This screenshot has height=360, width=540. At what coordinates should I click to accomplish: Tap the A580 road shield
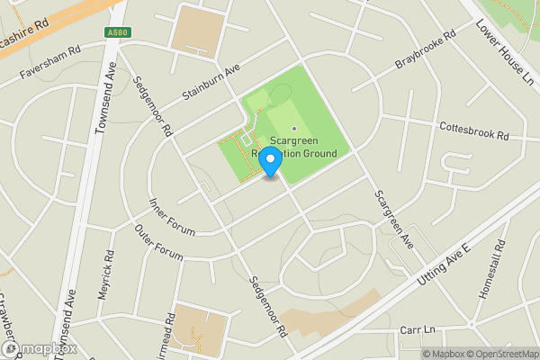116,32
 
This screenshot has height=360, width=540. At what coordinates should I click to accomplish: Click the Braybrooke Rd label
427,52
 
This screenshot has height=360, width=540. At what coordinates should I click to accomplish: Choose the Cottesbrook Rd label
474,131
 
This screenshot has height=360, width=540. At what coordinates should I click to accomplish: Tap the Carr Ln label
416,330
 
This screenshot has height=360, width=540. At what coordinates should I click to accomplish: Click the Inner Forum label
171,217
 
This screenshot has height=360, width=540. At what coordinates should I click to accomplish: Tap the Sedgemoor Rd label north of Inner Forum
152,105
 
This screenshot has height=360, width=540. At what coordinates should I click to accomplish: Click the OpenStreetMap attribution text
499,354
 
